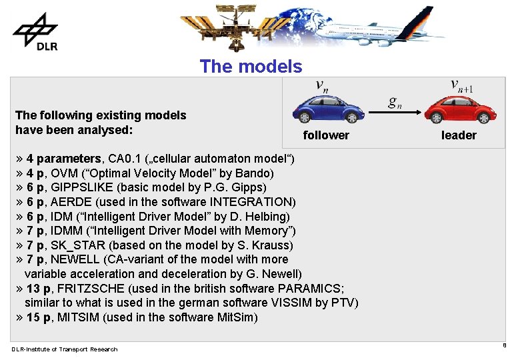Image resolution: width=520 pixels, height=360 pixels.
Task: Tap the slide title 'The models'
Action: (x=251, y=67)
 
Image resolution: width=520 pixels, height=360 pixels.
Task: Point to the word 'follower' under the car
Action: (x=326, y=135)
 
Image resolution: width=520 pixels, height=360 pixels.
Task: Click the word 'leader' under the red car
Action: (x=459, y=135)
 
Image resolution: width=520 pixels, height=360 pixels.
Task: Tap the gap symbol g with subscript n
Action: (x=395, y=102)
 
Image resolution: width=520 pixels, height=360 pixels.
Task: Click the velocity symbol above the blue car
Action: (x=321, y=87)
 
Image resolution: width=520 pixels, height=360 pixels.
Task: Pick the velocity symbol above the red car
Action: (x=461, y=86)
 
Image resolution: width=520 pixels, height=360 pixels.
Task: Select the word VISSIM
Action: (x=288, y=303)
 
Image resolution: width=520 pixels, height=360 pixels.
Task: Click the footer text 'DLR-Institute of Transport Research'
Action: (x=64, y=349)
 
